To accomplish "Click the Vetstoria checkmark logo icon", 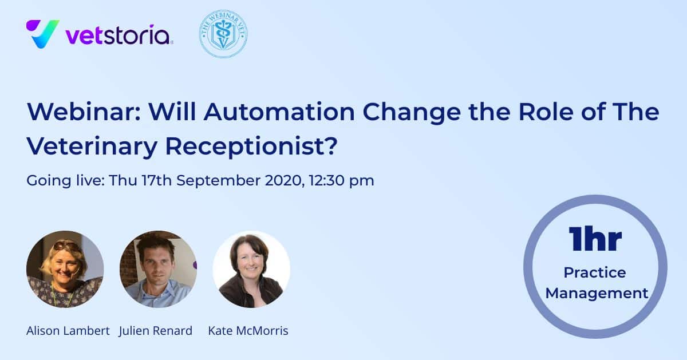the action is click(42, 34).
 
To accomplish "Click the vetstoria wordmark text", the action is click(118, 35).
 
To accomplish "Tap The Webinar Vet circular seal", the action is click(223, 34).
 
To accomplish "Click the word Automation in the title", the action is click(279, 112).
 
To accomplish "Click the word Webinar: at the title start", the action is click(84, 112).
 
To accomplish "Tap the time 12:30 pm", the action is click(342, 181).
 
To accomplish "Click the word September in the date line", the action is click(218, 181).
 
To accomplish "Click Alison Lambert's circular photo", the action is click(65, 269).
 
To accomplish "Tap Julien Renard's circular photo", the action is click(158, 269).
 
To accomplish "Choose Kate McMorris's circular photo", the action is click(251, 269).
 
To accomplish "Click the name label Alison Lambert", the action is click(68, 331).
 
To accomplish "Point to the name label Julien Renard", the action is click(156, 331).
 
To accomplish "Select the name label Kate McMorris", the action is click(248, 331).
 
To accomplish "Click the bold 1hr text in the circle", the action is click(595, 239).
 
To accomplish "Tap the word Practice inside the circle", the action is click(595, 272).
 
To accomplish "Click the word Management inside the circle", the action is click(597, 294).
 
